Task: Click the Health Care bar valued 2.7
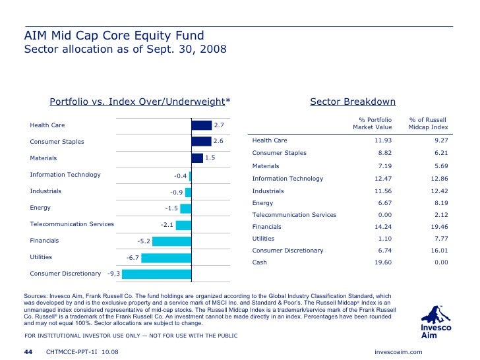click(x=201, y=125)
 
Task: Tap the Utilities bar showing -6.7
click(x=165, y=256)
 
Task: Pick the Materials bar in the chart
click(x=196, y=158)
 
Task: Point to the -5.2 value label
click(x=144, y=241)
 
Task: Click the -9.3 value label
click(x=114, y=273)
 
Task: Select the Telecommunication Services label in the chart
click(x=72, y=224)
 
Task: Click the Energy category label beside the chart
click(x=40, y=208)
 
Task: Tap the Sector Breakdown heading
click(x=352, y=102)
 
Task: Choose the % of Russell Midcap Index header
click(x=428, y=123)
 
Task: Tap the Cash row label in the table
click(x=260, y=262)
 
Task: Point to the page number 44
click(x=28, y=352)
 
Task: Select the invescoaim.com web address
click(x=398, y=352)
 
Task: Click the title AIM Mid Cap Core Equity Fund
click(x=114, y=36)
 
